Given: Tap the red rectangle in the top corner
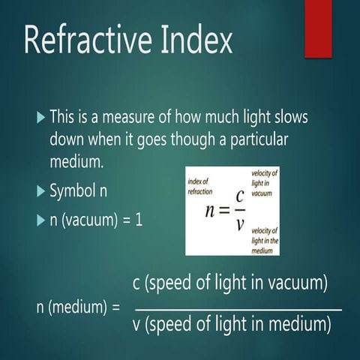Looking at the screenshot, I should [317, 28].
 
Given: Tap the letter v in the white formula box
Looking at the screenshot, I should [238, 223].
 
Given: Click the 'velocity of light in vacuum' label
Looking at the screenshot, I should [265, 182].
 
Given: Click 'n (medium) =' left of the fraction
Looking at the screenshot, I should [78, 307].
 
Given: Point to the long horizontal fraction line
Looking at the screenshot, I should [238, 309].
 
